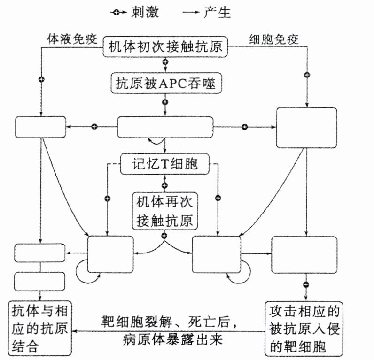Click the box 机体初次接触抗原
click(x=165, y=47)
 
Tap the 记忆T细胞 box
click(x=165, y=164)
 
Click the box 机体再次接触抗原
click(x=165, y=212)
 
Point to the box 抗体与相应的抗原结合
click(x=39, y=328)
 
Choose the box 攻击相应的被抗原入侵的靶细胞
click(x=305, y=328)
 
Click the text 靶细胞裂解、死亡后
click(x=165, y=322)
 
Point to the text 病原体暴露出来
click(x=166, y=339)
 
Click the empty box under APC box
click(x=165, y=127)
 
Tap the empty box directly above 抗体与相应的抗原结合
click(x=39, y=281)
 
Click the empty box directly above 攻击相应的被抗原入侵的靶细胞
click(x=304, y=254)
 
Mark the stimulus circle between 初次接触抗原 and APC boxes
click(x=165, y=62)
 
